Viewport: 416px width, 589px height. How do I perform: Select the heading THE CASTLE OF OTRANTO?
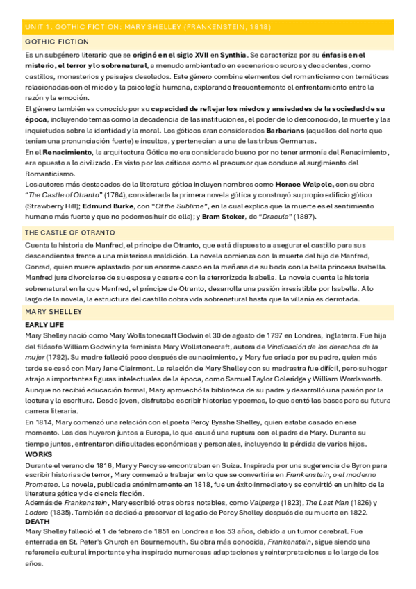69,232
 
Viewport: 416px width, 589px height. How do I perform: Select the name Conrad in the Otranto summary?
40,266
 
